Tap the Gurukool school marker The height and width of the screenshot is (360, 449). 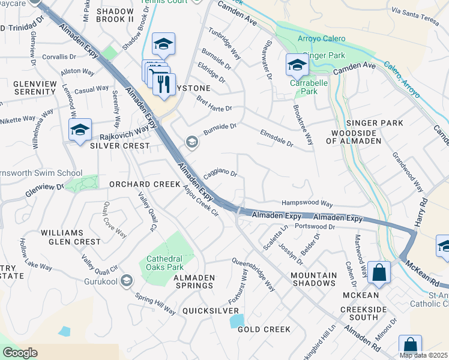pyautogui.click(x=126, y=280)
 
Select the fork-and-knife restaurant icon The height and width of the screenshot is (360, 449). pyautogui.click(x=163, y=83)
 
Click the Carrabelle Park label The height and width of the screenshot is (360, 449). pyautogui.click(x=303, y=88)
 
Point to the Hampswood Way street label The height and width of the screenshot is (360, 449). pyautogui.click(x=307, y=204)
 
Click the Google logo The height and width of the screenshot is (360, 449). pyautogui.click(x=20, y=353)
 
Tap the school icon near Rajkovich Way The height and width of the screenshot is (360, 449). pyautogui.click(x=79, y=129)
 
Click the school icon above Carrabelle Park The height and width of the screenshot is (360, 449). pyautogui.click(x=297, y=64)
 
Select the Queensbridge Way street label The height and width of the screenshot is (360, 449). pyautogui.click(x=254, y=275)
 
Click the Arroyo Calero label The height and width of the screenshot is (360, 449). pyautogui.click(x=322, y=39)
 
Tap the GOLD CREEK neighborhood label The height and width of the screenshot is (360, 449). pyautogui.click(x=264, y=329)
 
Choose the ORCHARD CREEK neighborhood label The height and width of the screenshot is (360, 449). pyautogui.click(x=145, y=184)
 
